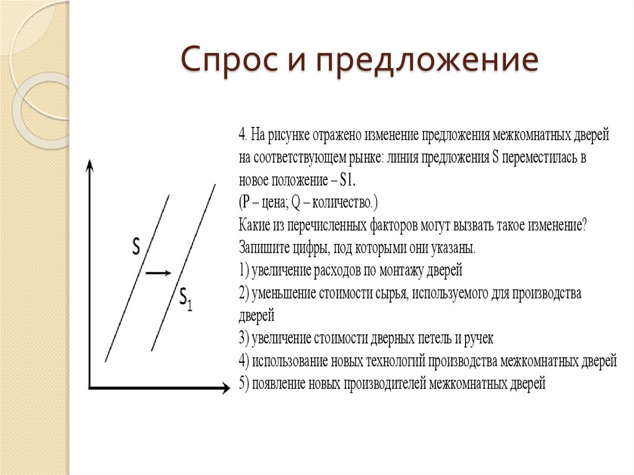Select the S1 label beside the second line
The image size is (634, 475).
tap(185, 298)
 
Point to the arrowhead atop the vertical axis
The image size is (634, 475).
tap(90, 164)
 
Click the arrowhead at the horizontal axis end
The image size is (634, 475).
tap(225, 388)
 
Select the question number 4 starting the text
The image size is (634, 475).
tap(242, 134)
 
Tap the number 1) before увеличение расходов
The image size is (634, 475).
tap(243, 271)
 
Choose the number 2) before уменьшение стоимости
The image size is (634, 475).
tap(243, 293)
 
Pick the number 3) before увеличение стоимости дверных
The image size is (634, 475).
tap(243, 339)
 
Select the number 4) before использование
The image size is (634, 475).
tap(243, 361)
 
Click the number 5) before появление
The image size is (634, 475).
tap(243, 384)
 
